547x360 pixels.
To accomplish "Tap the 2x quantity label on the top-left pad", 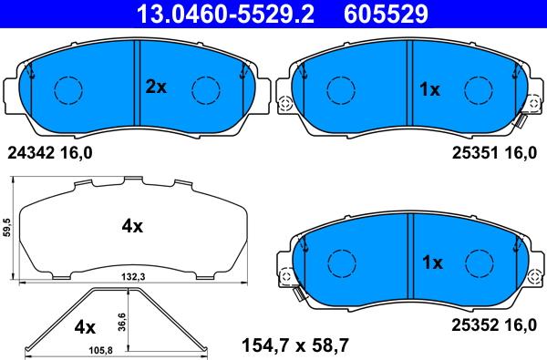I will coord(157,88).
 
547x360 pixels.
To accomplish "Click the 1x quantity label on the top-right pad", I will coord(429,89).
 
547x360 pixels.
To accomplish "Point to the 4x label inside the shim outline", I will coord(132,226).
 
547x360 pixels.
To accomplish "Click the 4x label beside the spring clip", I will coord(85,325).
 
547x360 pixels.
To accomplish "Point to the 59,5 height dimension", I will coord(7,226).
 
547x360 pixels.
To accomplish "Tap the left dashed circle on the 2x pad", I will coord(69,90).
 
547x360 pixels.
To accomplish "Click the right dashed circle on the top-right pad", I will coord(478,90).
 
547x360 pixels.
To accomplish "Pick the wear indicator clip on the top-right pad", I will coord(523,120).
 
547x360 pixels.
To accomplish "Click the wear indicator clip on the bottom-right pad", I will coord(296,293).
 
